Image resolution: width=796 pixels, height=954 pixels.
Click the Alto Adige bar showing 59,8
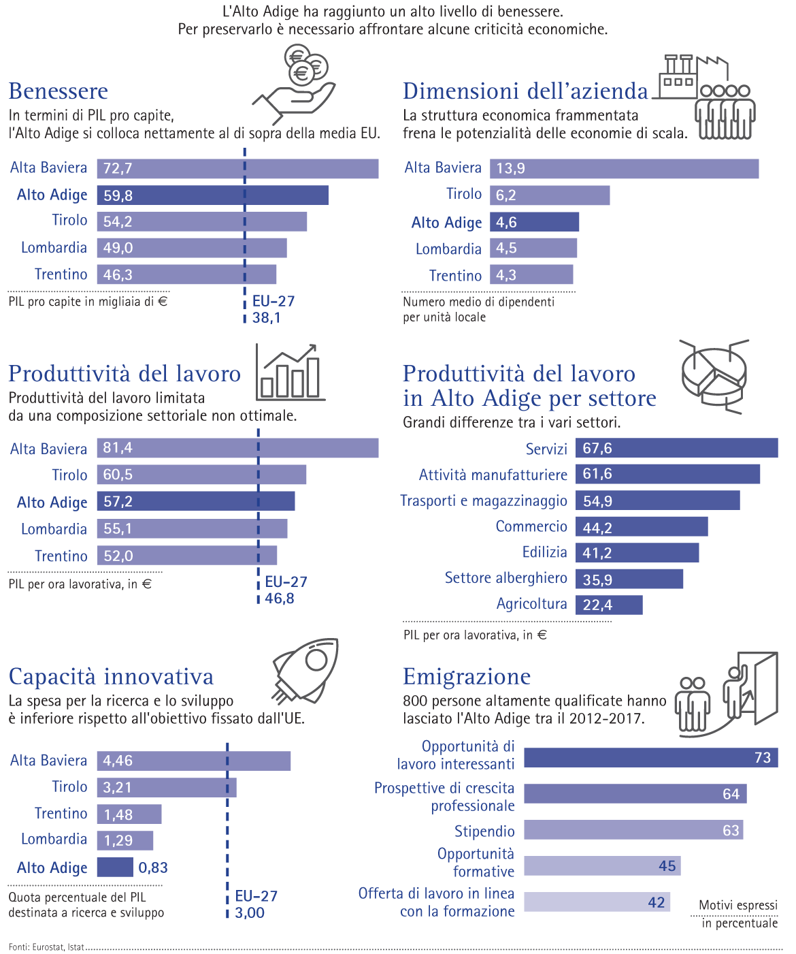coord(212,195)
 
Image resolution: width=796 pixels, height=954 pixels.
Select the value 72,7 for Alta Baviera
coord(118,169)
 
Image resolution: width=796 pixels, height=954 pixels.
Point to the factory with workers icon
coord(708,96)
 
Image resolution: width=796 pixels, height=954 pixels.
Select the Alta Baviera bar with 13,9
coord(624,169)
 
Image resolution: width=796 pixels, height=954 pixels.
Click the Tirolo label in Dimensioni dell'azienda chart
coord(463,194)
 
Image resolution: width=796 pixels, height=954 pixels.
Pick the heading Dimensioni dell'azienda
coord(525,91)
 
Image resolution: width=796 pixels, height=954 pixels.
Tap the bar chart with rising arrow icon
coord(290,372)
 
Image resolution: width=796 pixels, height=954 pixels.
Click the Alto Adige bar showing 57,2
coord(196,502)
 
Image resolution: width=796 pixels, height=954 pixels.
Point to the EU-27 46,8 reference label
coord(285,590)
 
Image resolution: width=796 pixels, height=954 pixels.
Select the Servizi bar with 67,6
coord(676,448)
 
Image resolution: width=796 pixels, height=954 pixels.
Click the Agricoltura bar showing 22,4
coord(609,605)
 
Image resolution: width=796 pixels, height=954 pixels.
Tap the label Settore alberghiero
coord(505,578)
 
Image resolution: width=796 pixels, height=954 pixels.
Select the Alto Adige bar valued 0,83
coord(115,868)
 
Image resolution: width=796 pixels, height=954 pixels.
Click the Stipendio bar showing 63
coord(633,830)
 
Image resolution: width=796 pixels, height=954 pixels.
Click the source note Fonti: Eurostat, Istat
coord(46,947)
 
